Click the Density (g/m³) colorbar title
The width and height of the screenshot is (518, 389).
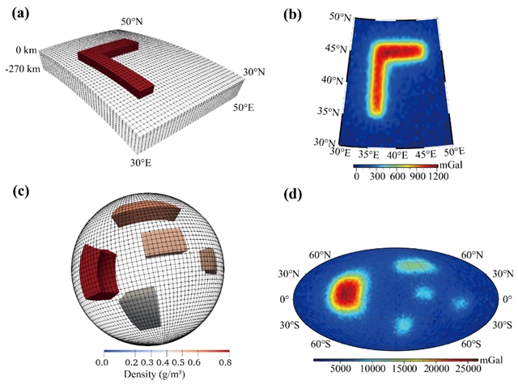162,375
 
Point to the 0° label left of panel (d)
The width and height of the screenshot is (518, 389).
286,298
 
